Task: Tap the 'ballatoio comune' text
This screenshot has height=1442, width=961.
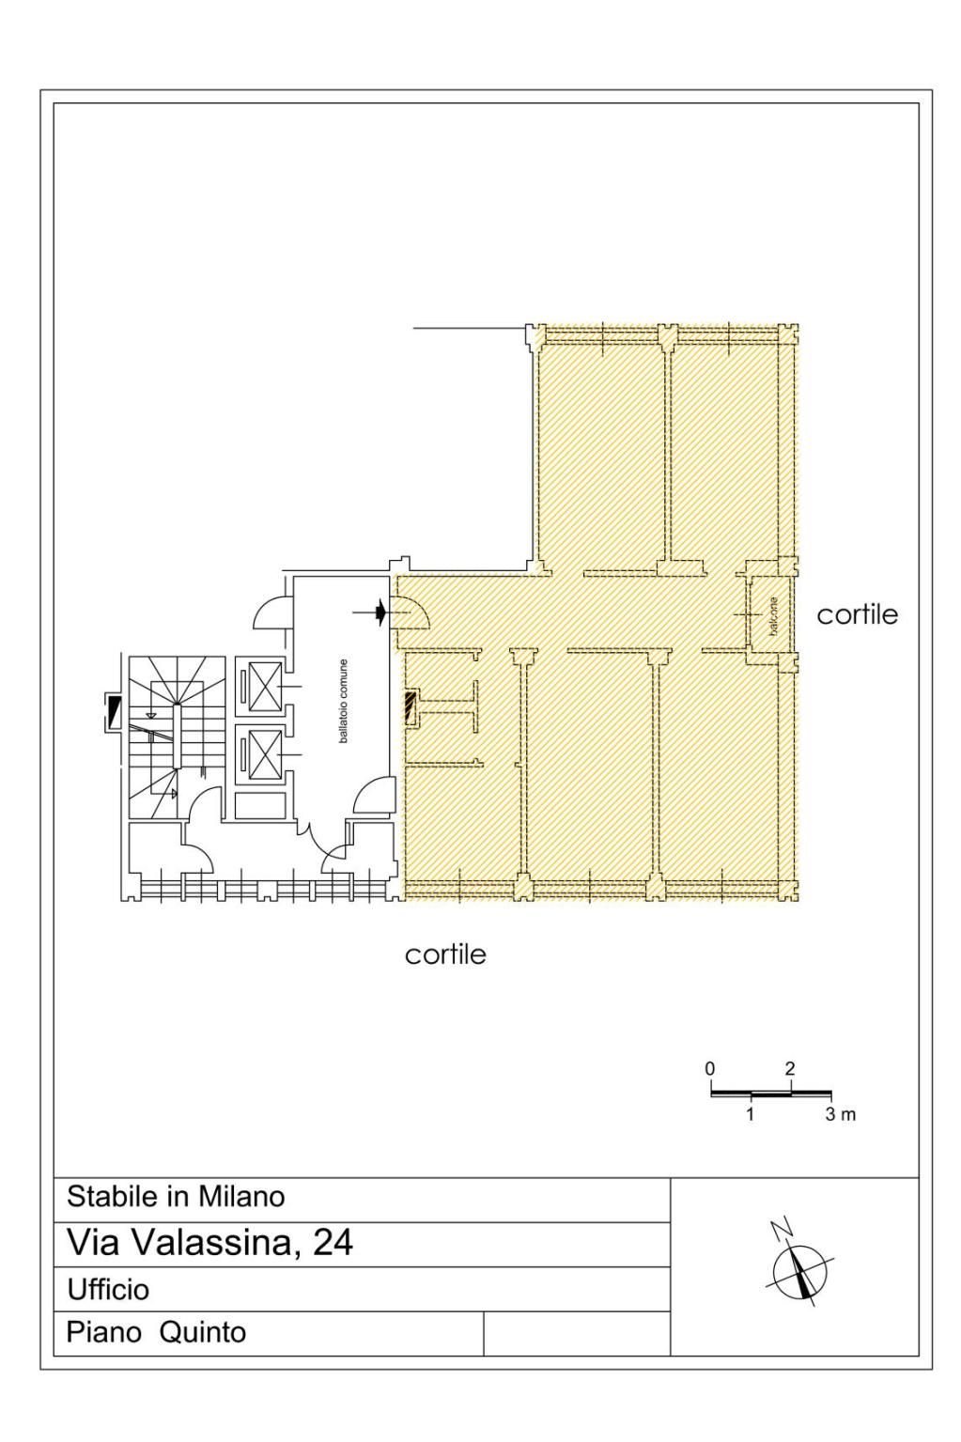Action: pyautogui.click(x=343, y=701)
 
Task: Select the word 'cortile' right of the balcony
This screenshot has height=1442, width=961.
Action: pyautogui.click(x=857, y=615)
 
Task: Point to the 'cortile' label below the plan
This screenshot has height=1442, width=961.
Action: pyautogui.click(x=445, y=954)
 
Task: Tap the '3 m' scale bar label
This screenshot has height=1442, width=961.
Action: pyautogui.click(x=841, y=1114)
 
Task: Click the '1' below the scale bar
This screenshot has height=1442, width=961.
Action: pyautogui.click(x=750, y=1114)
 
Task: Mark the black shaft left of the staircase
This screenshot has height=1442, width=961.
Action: pyautogui.click(x=115, y=713)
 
